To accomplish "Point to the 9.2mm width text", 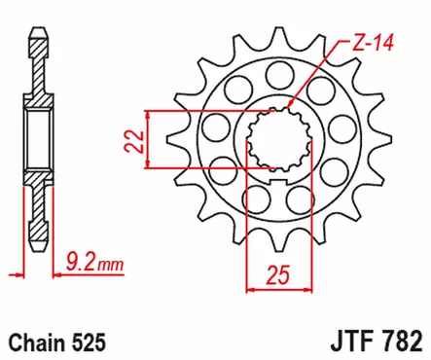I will [92, 260].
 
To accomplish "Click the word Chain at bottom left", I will [31, 342].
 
